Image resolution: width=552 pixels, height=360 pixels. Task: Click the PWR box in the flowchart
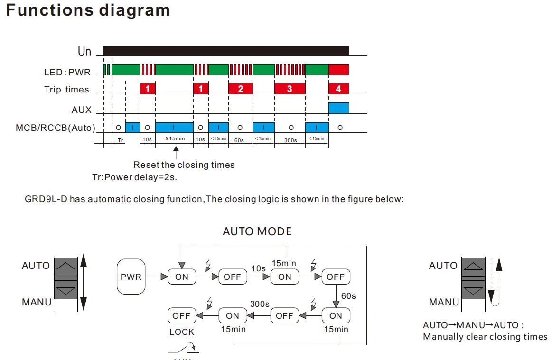click(131, 277)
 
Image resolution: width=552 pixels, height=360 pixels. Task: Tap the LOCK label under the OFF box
click(182, 332)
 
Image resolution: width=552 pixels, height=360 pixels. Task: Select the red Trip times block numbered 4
click(339, 89)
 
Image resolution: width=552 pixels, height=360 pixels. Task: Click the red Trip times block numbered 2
click(241, 89)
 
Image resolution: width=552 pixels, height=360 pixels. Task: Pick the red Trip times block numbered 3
click(290, 89)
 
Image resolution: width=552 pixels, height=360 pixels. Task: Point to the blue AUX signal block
click(339, 108)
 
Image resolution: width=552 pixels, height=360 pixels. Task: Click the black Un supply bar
click(226, 51)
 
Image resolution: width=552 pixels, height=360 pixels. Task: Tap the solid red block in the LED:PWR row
click(339, 70)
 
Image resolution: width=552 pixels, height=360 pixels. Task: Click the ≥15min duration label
click(175, 138)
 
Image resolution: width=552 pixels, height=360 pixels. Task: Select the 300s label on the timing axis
click(290, 140)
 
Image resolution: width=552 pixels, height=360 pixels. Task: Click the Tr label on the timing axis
click(121, 140)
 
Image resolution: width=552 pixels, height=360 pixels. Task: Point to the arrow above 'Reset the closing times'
click(176, 153)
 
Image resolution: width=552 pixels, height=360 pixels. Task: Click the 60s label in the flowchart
click(348, 296)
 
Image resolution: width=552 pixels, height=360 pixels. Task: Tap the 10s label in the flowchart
click(258, 268)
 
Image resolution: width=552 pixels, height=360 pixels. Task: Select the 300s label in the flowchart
click(260, 304)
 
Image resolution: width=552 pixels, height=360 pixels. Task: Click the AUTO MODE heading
click(257, 231)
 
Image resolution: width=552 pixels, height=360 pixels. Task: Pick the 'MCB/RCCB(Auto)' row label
click(56, 128)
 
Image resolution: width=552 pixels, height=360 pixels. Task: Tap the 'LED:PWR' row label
click(67, 72)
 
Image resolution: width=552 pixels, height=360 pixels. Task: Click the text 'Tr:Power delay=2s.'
click(134, 177)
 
